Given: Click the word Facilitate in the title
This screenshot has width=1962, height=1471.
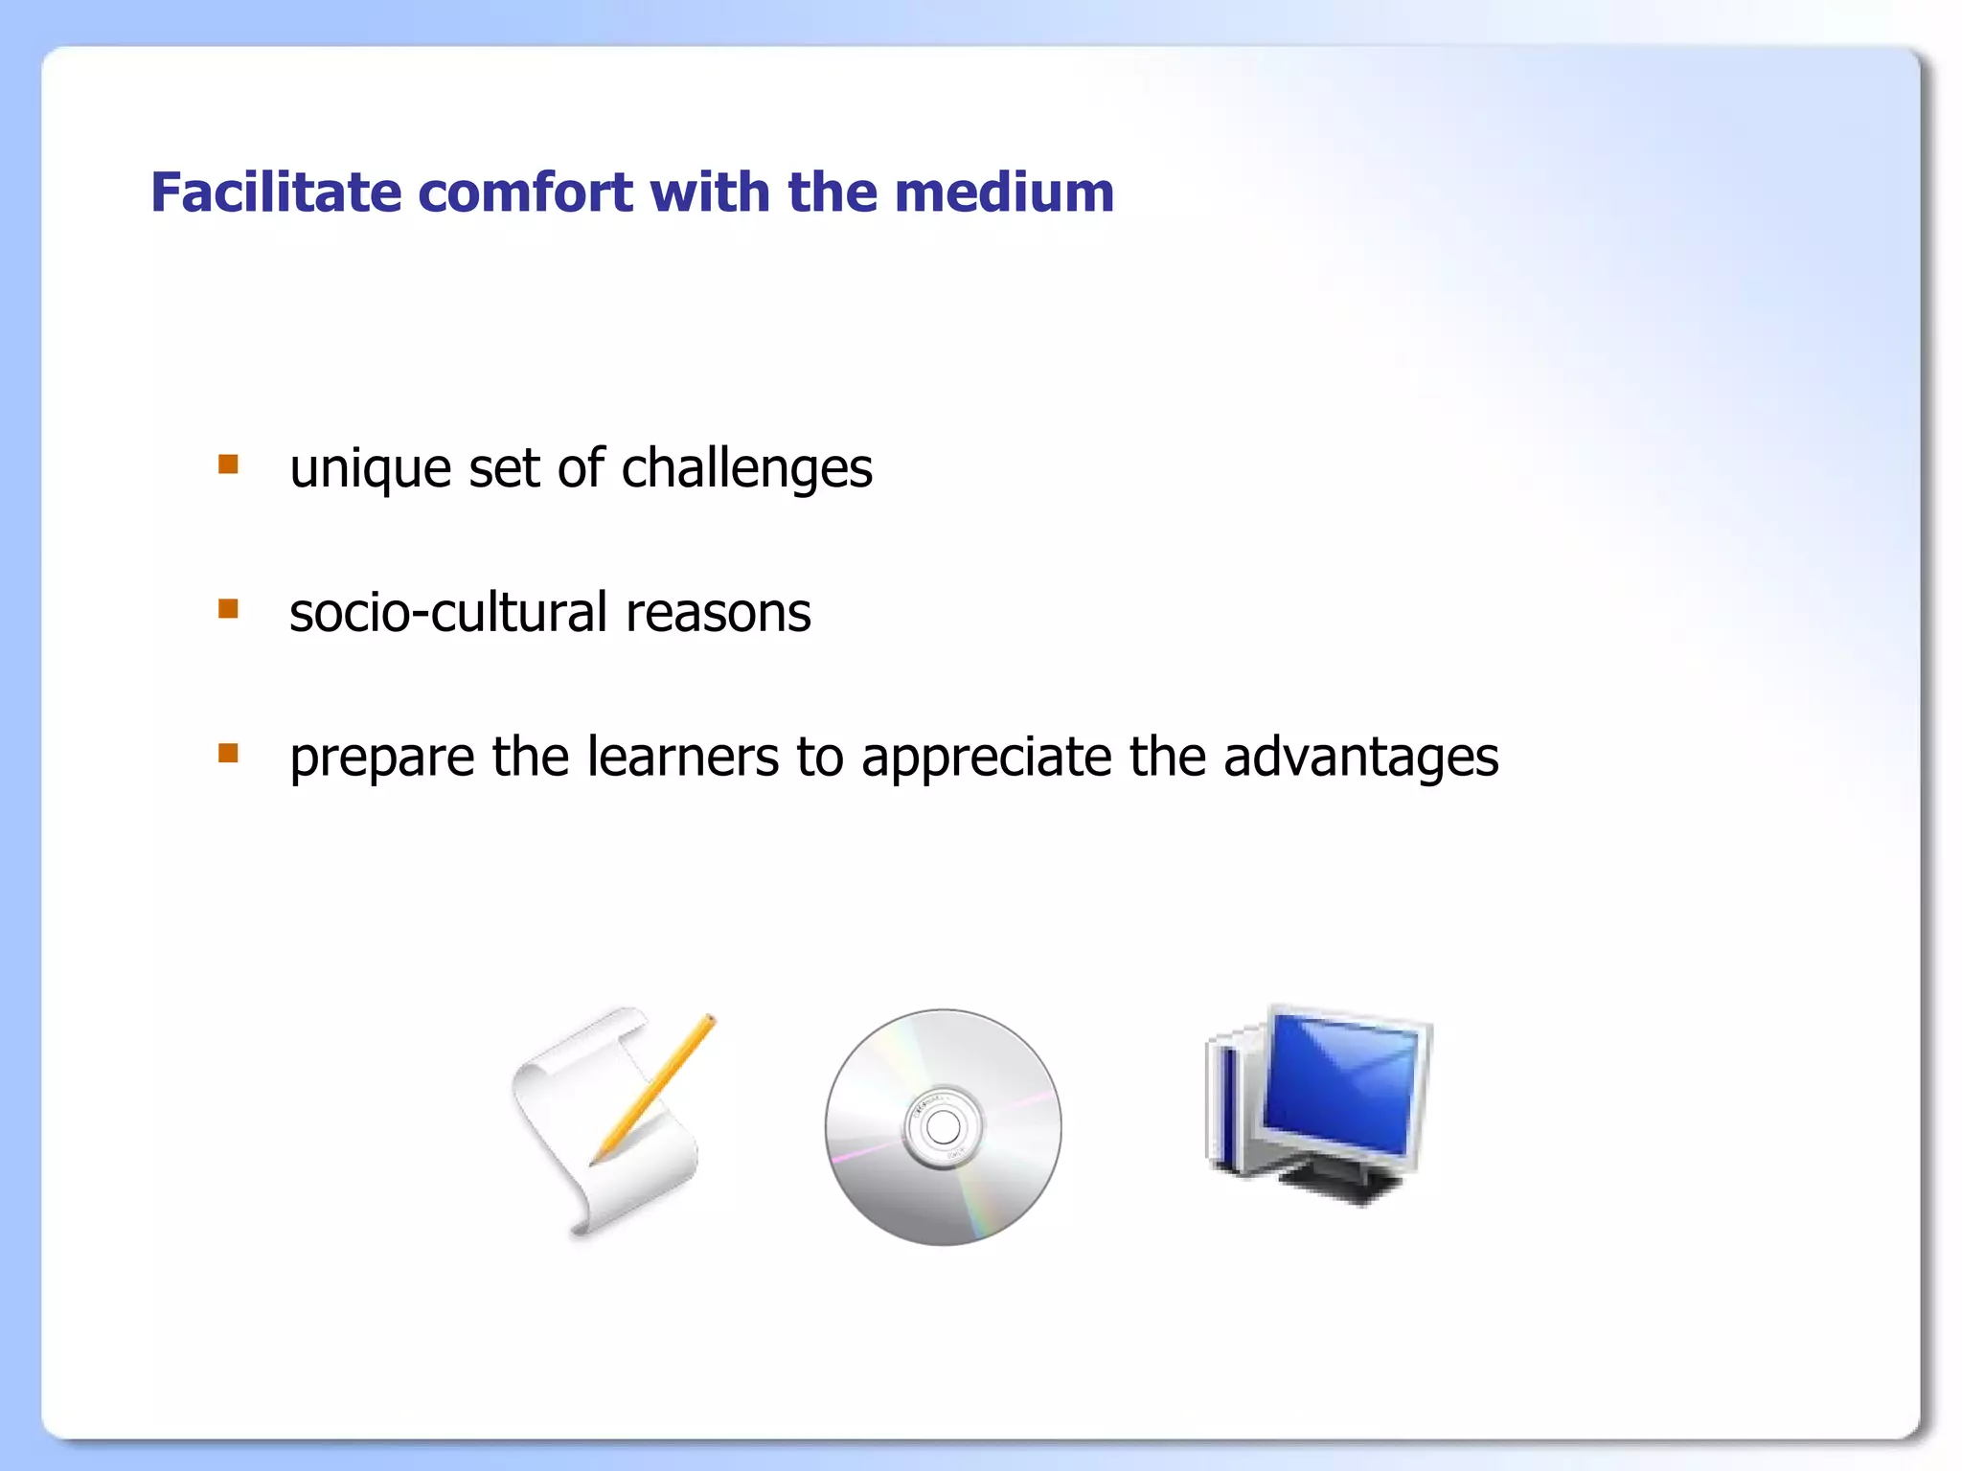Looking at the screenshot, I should coord(276,192).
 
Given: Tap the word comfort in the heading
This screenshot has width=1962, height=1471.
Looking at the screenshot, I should coord(526,192).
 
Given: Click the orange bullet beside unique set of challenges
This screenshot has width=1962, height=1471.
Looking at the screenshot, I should coord(228,465).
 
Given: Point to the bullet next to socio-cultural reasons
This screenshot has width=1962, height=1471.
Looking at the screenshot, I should coord(228,609).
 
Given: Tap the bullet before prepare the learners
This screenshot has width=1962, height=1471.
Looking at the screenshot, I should coord(228,753).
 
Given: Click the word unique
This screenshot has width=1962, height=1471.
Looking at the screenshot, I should coord(370,469).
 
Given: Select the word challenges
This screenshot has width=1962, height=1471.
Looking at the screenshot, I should coord(746,469).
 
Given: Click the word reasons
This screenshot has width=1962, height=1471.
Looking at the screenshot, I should coord(718,613).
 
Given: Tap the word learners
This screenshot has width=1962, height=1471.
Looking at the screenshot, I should coord(683,757).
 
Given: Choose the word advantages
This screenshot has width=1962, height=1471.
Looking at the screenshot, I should coord(1361,757).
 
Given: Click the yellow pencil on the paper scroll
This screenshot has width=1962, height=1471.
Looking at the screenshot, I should coord(661,1082).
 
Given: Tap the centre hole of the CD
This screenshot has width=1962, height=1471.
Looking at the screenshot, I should coord(944,1127).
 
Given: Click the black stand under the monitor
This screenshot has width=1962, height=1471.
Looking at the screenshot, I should coord(1341,1182).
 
